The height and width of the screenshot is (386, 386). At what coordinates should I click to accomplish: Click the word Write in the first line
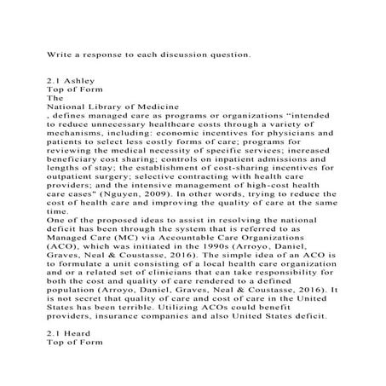[x=59, y=54]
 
